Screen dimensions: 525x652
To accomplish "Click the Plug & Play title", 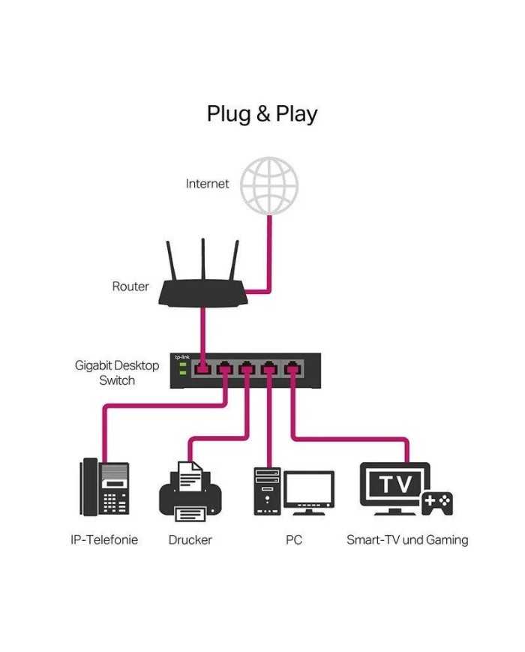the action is pos(262,114).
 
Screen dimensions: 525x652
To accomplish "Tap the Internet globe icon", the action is pos(269,185).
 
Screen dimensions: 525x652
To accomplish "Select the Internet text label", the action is pos(207,184).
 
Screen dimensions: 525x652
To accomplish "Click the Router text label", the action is pos(130,286).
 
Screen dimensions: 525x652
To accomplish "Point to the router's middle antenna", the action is pos(202,260).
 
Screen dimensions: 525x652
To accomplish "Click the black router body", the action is pos(202,293).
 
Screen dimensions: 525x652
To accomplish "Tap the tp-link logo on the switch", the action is pos(182,357).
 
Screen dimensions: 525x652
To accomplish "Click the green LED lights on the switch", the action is pos(182,368).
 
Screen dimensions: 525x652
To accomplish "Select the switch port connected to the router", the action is pos(202,368).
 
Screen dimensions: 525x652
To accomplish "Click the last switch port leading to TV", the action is pos(292,368).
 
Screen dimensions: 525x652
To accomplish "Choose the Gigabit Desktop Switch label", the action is pos(117,373).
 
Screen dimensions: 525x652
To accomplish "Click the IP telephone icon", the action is pos(104,487).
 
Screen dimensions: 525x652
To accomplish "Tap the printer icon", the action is pos(190,491).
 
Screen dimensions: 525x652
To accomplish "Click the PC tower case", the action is pos(267,491).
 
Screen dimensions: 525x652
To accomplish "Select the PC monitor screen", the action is pos(309,488).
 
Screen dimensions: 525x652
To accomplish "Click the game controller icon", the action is pos(437,503).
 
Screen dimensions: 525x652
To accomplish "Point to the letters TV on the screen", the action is pos(395,484).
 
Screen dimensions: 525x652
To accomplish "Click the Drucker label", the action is pos(190,539).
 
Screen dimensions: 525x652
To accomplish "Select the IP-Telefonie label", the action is pos(104,539).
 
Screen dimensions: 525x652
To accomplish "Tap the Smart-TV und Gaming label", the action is pos(407,540).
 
